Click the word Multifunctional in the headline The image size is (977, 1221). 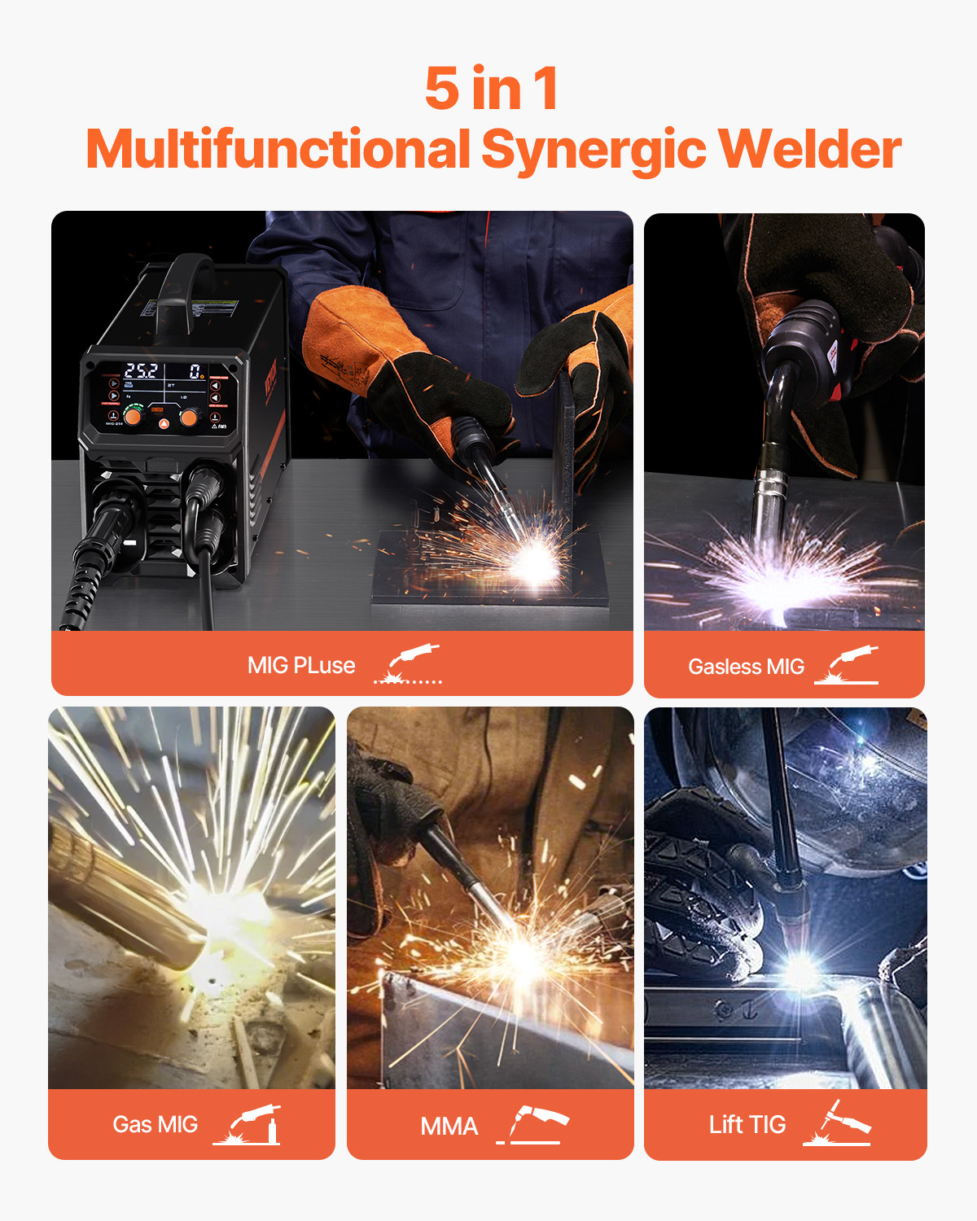(278, 150)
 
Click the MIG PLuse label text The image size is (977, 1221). (301, 666)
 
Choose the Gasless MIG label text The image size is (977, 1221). (746, 667)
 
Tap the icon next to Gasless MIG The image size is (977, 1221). (848, 665)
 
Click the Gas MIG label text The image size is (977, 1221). (155, 1125)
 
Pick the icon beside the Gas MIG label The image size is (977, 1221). (248, 1125)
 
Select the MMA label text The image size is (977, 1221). (449, 1127)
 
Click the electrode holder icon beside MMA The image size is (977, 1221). (533, 1125)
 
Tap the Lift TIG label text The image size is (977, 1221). (747, 1125)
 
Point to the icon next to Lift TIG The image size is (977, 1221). (838, 1124)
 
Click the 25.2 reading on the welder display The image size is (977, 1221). (141, 371)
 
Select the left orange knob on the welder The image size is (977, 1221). (134, 418)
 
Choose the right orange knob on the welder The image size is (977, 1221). (189, 418)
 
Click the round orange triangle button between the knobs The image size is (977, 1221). (163, 423)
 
